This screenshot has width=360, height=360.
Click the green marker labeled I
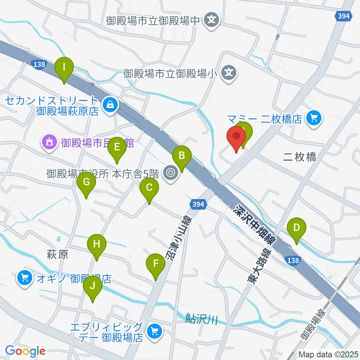pos(64,68)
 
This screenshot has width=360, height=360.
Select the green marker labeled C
pos(149,187)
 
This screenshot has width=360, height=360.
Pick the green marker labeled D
pos(297,228)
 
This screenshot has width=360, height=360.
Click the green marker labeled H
pos(97,245)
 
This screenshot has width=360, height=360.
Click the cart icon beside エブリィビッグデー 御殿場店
pos(154,331)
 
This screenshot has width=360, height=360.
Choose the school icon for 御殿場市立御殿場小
pos(229,72)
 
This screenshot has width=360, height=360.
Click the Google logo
pos(25,351)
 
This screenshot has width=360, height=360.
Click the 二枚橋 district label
pos(300,157)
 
